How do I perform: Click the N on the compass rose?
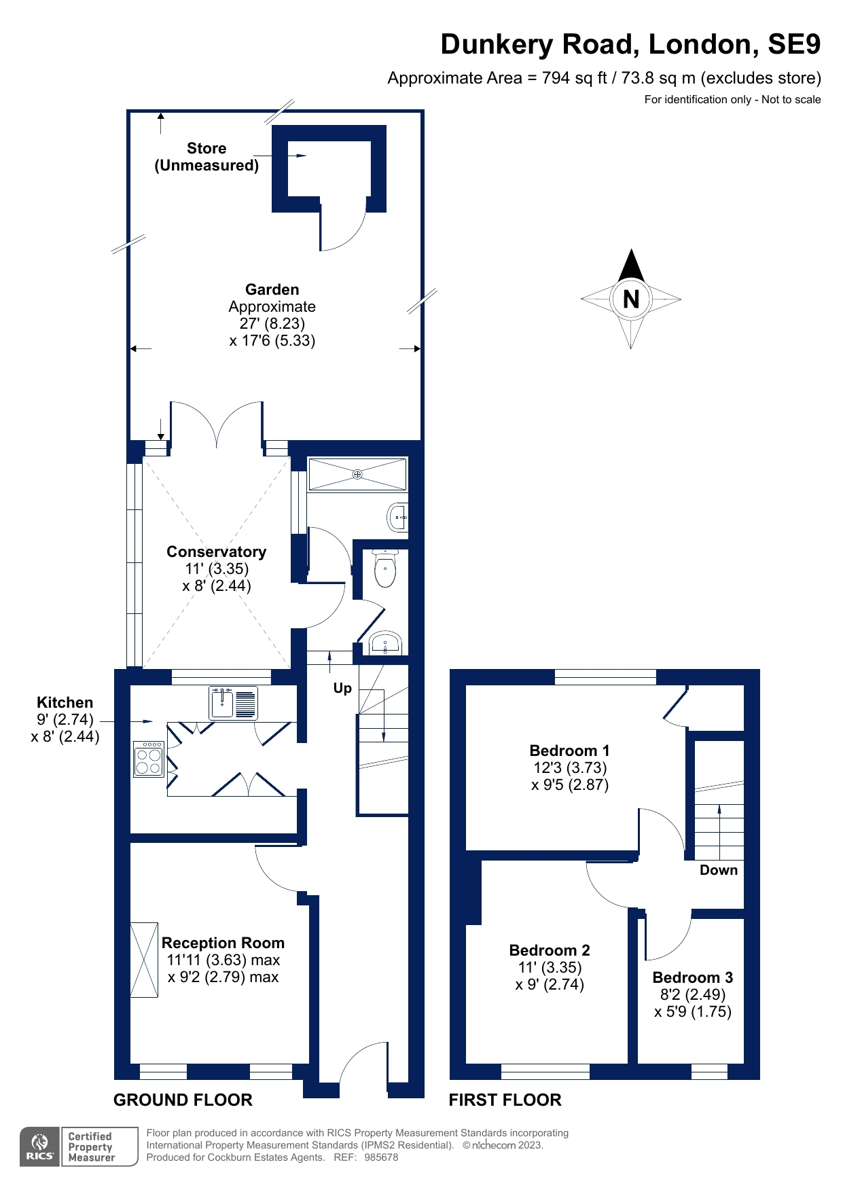coord(631,299)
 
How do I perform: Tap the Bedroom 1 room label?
coord(569,751)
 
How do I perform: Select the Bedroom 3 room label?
coord(692,977)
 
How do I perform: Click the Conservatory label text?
coord(216,552)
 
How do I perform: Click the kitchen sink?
coord(233,703)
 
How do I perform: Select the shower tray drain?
coord(357,474)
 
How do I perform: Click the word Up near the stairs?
coord(342,688)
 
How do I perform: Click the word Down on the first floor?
coord(718,870)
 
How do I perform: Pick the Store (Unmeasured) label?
coord(207,157)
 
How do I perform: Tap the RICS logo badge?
coord(41,1146)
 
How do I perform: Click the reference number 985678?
coord(381,1157)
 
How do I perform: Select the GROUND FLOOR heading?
coord(183,1100)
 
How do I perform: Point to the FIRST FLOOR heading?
coord(505,1100)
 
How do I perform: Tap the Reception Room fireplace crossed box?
coord(143,960)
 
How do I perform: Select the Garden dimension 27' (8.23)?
coord(272,323)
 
